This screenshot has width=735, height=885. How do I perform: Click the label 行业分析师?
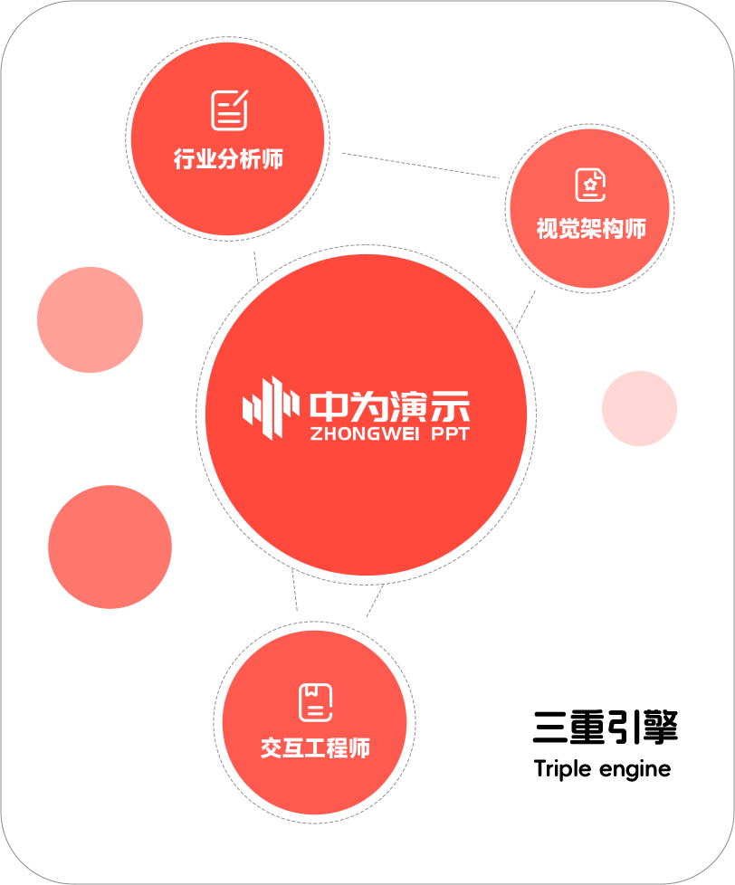[x=228, y=158]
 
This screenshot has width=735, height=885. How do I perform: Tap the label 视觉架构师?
[x=591, y=229]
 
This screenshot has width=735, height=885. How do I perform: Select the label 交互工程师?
[x=315, y=747]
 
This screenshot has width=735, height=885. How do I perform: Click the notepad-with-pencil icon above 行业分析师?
[x=229, y=110]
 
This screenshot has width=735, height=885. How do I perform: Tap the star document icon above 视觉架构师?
[x=590, y=184]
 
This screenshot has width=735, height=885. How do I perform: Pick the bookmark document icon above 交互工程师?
[x=315, y=702]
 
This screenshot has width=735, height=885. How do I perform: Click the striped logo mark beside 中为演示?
[x=271, y=408]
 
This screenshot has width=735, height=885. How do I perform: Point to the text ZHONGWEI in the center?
[x=365, y=433]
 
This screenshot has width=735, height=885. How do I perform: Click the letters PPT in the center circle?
[x=451, y=433]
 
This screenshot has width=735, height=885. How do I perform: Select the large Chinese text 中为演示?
[x=389, y=406]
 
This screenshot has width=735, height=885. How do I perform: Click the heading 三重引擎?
[x=606, y=727]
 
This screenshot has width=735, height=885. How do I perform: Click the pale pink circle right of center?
[x=640, y=409]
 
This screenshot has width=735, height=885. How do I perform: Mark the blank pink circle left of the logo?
[x=90, y=319]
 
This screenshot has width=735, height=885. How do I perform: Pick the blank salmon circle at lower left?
[x=110, y=547]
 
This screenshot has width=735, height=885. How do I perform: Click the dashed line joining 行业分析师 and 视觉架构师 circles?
[x=421, y=166]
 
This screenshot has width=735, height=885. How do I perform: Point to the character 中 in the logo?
[x=328, y=406]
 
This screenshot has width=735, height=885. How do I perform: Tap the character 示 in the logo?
[x=451, y=406]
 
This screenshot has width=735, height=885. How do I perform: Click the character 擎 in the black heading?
[x=660, y=727]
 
